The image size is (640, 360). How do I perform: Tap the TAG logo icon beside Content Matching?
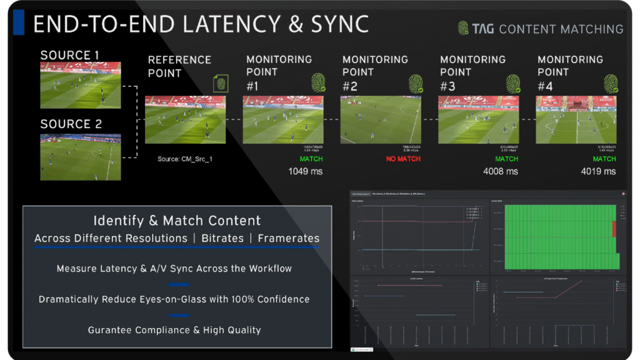click(463, 28)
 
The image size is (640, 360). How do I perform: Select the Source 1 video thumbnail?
click(81, 85)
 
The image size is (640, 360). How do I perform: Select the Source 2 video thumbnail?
click(81, 156)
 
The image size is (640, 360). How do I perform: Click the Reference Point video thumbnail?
click(185, 120)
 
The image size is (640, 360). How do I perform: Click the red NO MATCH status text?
click(404, 159)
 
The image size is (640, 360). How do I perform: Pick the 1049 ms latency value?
click(305, 171)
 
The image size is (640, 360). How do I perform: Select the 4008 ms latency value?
click(501, 171)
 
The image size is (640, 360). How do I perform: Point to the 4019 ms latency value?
click(598, 171)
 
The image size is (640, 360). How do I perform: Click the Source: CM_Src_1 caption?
click(185, 159)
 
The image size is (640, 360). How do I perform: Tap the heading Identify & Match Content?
click(177, 221)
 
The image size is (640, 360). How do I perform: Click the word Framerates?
click(289, 238)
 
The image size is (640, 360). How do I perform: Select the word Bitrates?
click(222, 238)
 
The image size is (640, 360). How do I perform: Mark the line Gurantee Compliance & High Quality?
click(174, 330)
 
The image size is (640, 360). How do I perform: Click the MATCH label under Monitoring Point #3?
click(507, 159)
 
